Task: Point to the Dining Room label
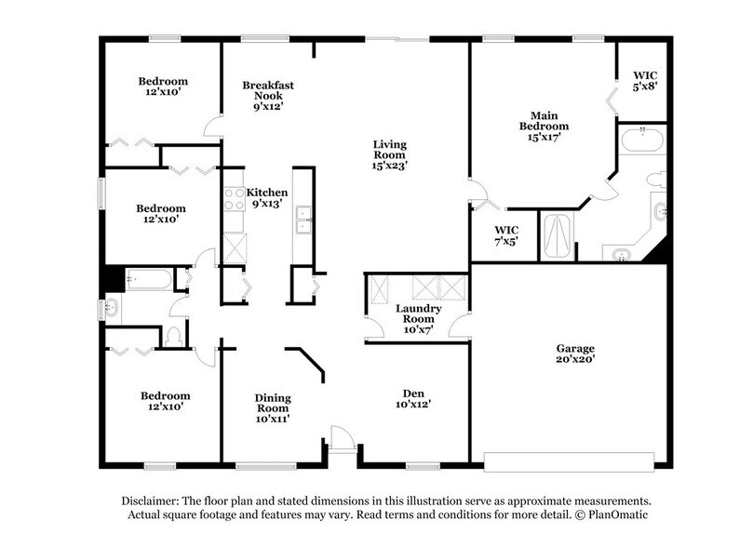tap(273, 403)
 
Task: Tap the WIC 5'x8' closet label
tap(645, 75)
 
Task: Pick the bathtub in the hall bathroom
tap(148, 279)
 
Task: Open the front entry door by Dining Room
tap(342, 438)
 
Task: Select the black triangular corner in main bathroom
tap(660, 248)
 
